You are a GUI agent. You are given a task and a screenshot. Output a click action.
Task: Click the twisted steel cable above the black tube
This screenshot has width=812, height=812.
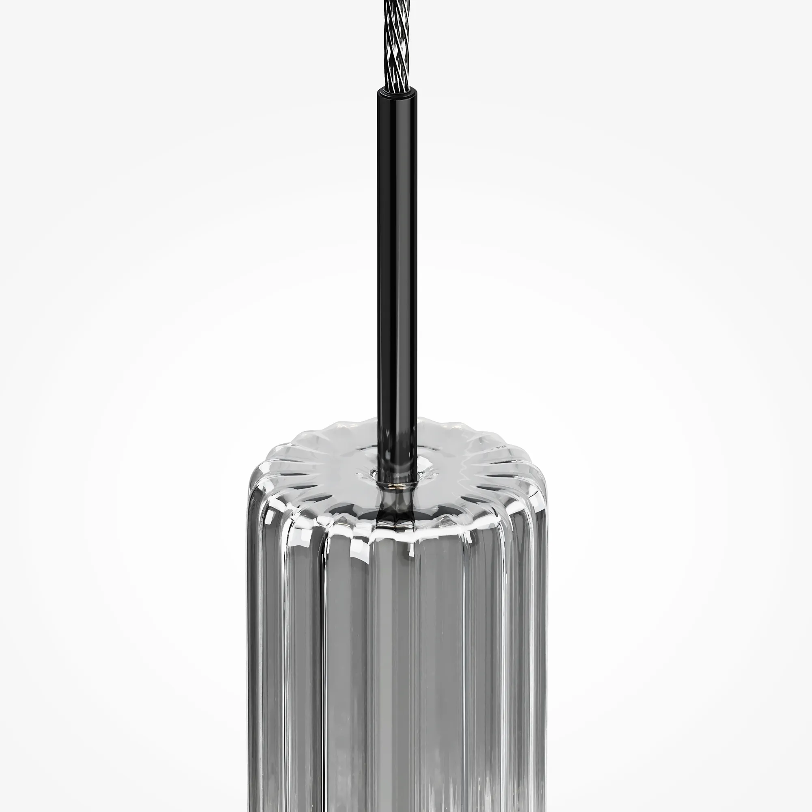click(x=396, y=46)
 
